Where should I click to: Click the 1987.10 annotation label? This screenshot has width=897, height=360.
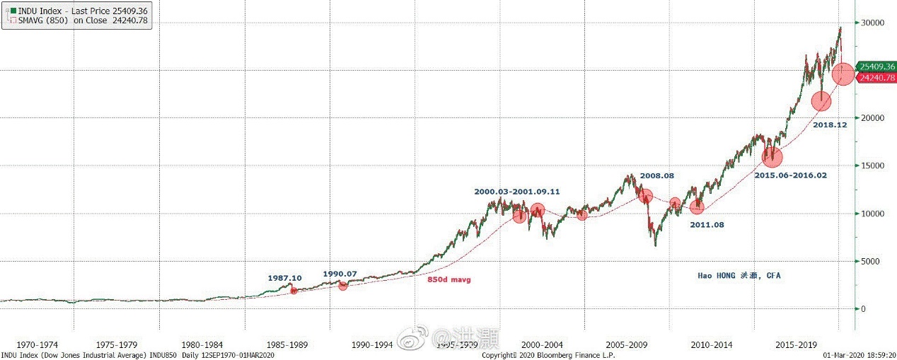click(285, 278)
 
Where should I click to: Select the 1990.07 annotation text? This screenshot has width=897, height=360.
click(340, 273)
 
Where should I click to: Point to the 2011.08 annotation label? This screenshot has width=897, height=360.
click(708, 224)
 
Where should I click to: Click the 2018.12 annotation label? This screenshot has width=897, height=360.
click(830, 124)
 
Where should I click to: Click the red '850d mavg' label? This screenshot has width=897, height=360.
click(448, 280)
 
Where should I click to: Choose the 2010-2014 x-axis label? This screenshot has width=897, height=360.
click(712, 345)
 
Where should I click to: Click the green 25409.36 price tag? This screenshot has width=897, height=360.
click(876, 66)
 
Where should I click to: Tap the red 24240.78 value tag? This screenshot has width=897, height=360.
click(876, 78)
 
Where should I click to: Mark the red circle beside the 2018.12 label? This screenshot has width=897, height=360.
click(821, 102)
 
